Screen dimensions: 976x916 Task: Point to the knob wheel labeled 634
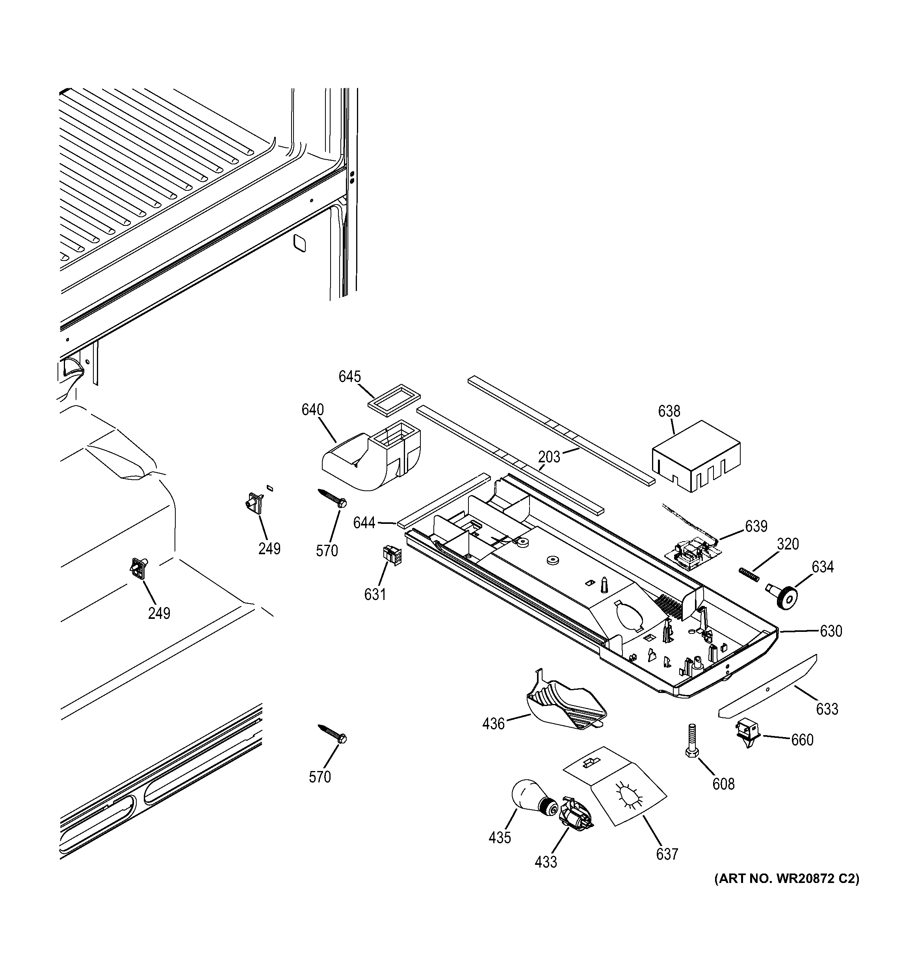click(784, 596)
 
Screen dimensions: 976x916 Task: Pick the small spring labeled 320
click(749, 574)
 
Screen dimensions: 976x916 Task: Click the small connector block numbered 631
click(392, 556)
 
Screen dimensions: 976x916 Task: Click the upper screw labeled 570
click(332, 497)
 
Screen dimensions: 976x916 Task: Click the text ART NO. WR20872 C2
click(786, 878)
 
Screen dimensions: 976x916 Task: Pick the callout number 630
click(831, 631)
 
